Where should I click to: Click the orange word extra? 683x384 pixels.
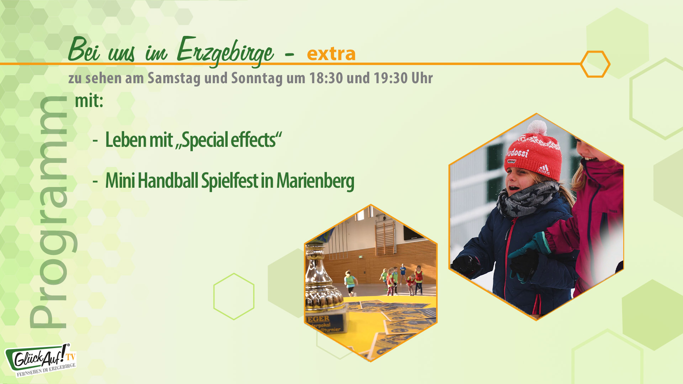pos(331,54)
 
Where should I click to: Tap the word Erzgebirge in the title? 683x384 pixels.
pos(225,52)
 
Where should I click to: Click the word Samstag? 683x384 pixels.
pos(174,78)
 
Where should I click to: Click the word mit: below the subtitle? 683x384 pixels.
pos(89,101)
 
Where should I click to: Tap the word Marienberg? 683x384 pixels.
pos(315,181)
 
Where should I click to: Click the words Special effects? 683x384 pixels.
pos(229,140)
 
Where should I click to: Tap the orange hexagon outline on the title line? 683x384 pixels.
pos(595,64)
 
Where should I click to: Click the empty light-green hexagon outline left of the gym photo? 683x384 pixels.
pos(234,296)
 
